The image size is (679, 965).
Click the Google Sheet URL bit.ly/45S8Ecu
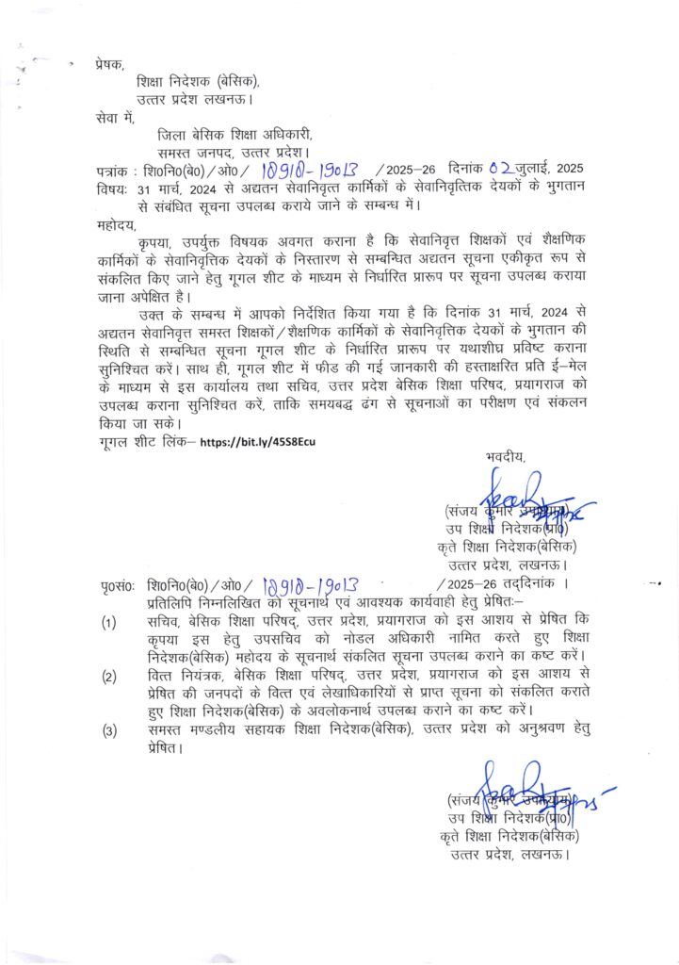click(x=268, y=441)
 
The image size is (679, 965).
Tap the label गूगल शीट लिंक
click(x=146, y=441)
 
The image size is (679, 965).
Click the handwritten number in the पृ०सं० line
click(x=310, y=585)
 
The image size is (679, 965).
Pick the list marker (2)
click(x=110, y=677)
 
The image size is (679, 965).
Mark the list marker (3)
click(x=110, y=731)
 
